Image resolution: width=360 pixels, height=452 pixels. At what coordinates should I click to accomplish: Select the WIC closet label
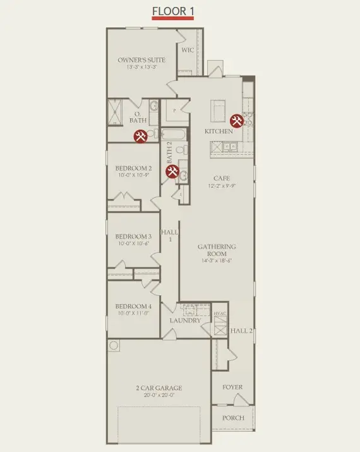pos(188,49)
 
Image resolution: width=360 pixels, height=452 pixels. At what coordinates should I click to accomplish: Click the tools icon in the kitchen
pos(237,120)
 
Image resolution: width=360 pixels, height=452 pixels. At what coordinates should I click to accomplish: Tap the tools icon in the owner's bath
pos(141,136)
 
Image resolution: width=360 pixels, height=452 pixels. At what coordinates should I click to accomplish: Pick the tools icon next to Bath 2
pos(171,171)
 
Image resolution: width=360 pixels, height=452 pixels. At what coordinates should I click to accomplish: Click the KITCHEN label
pos(219,131)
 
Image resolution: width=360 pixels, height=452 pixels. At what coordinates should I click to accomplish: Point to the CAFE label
pos(220,178)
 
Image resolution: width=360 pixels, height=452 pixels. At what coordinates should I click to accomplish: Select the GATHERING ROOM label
pos(217,250)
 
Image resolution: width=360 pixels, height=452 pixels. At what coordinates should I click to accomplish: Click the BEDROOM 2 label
pos(133,168)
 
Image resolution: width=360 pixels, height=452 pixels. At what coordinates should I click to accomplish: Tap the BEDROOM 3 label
pos(133,236)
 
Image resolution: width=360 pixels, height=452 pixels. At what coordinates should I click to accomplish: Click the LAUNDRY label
pos(185,321)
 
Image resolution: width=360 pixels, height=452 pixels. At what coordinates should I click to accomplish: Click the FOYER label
pos(232,387)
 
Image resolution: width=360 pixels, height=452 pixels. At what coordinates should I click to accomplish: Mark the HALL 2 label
pos(241,331)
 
